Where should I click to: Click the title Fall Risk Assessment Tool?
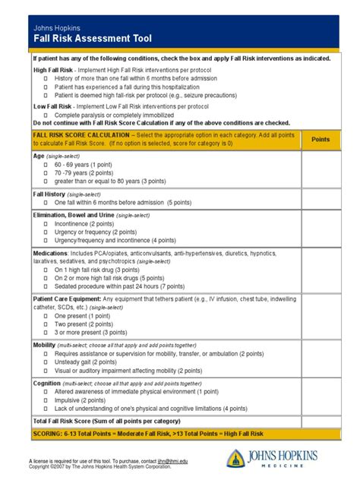88,38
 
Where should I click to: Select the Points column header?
321,140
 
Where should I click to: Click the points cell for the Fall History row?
321,199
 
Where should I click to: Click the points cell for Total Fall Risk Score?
321,420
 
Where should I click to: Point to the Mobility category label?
44,344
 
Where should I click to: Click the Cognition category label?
46,383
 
